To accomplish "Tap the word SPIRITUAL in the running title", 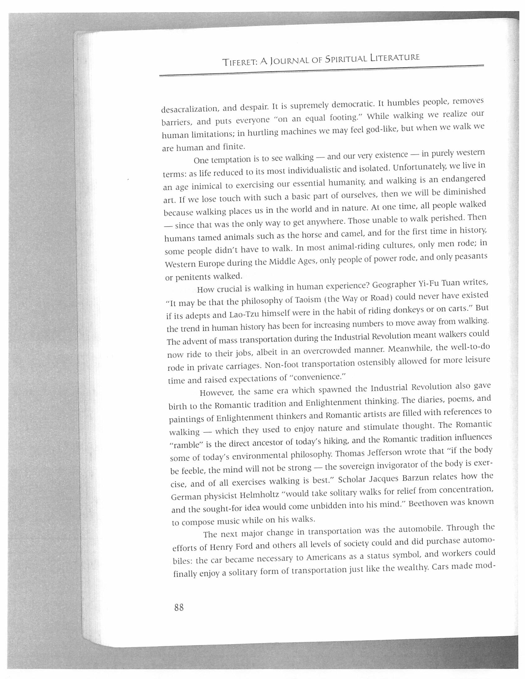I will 346,58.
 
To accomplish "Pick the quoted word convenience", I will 317,377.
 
